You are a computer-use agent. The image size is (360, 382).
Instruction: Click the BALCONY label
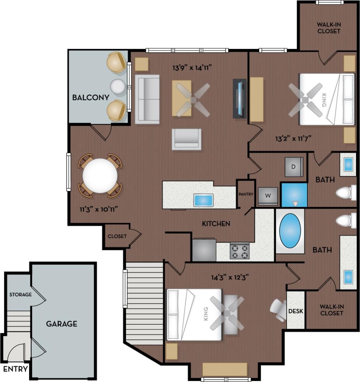91,98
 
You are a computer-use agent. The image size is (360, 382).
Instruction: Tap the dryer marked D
294,167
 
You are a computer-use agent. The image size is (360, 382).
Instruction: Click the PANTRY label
246,194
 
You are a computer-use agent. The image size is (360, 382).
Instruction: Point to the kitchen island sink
203,200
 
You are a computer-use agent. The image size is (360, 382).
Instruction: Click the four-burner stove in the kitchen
239,251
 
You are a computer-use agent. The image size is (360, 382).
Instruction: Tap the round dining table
100,176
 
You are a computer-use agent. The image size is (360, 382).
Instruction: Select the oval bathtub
290,231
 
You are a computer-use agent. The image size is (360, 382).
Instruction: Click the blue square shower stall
294,195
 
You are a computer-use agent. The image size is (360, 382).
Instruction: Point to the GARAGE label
62,324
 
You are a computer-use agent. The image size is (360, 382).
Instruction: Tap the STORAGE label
20,295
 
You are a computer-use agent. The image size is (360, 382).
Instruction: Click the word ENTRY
15,369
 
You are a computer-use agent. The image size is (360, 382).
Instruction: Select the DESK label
296,311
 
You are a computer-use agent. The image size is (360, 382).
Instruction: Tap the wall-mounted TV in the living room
240,98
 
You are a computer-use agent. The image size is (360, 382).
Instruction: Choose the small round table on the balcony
118,86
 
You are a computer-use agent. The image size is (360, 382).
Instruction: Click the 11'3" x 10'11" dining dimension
99,209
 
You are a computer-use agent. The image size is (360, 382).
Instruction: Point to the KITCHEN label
216,224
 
